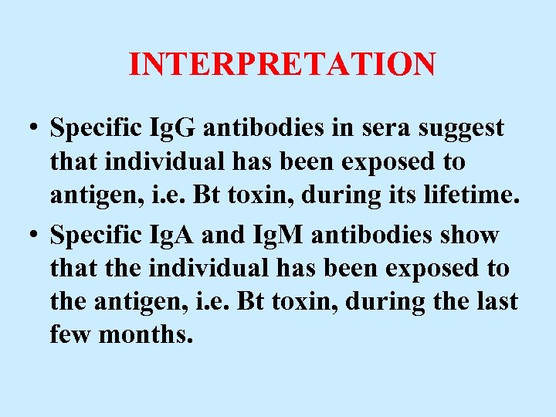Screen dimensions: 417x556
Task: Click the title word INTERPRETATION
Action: coord(282,64)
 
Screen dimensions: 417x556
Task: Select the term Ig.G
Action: coord(176,129)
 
